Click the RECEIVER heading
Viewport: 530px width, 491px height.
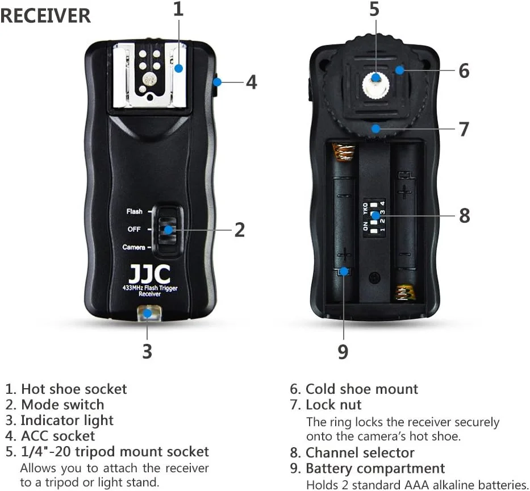pos(45,16)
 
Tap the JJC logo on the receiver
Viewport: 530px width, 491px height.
pos(149,274)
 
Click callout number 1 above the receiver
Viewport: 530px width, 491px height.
pos(178,9)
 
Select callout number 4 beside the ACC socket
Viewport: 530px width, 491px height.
pos(251,82)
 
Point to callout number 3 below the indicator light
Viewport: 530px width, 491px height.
pos(147,351)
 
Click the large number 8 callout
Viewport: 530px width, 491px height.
pos(465,216)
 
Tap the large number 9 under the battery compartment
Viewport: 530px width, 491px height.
pos(343,352)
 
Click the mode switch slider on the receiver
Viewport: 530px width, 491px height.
pos(168,230)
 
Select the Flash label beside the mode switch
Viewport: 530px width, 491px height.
pos(135,211)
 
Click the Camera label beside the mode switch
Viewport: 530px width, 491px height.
pos(133,247)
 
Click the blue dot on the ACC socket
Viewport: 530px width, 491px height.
pos(217,82)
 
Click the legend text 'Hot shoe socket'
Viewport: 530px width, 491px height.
pos(74,389)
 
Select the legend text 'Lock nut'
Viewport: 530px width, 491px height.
pos(333,405)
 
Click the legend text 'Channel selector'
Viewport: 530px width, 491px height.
pos(360,453)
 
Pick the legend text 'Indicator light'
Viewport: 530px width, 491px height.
pos(67,421)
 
